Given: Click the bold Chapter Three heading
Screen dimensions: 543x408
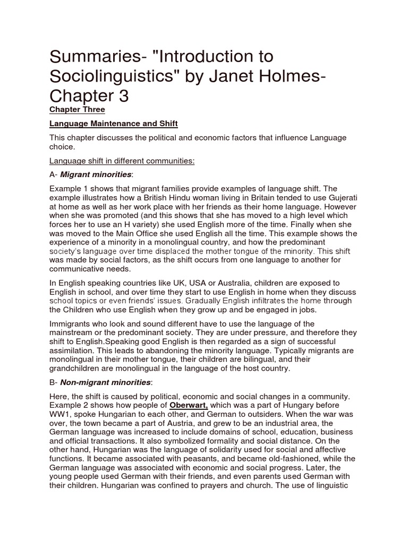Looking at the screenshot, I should pyautogui.click(x=77, y=110).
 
